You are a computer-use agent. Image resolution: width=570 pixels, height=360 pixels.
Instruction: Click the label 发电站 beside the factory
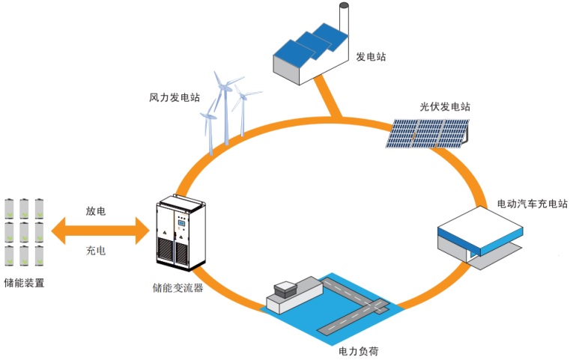(371, 56)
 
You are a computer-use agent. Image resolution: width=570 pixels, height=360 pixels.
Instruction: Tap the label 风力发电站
(174, 97)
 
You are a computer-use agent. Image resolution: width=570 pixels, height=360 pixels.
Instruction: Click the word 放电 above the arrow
(95, 212)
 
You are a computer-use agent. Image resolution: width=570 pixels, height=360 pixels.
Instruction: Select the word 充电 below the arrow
(95, 250)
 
